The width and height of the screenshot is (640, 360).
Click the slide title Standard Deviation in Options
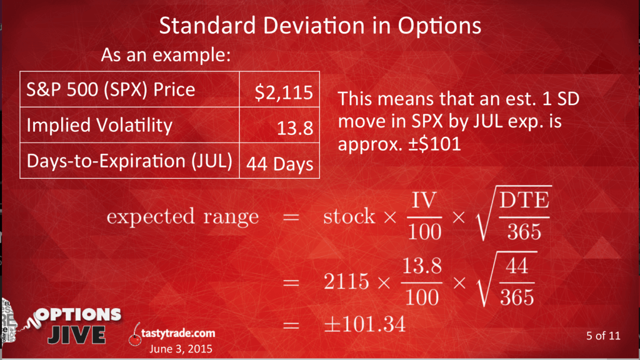[320, 26]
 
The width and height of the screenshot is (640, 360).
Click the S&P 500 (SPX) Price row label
[111, 90]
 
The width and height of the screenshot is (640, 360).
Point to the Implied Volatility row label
[99, 125]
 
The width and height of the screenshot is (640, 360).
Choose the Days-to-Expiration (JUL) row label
[129, 161]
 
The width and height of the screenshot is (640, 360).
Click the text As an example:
[166, 55]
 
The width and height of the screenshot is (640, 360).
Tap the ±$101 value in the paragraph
[435, 144]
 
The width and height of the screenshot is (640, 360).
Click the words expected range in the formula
[183, 216]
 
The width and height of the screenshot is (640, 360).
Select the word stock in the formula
[349, 216]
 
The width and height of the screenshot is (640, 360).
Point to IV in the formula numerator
[424, 201]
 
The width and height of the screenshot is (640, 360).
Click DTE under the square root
[524, 201]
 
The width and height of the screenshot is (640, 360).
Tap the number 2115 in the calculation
[346, 282]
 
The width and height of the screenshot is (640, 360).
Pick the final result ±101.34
[365, 324]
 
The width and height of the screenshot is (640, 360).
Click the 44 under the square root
[517, 266]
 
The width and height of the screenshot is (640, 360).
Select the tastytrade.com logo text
[178, 333]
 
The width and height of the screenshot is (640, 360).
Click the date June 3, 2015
[181, 349]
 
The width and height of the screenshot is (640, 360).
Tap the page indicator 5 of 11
[603, 336]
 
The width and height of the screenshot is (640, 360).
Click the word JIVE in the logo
[77, 335]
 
